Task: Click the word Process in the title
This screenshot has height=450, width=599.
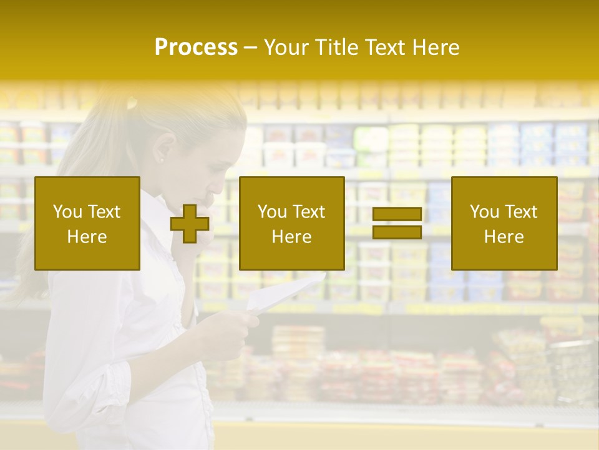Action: coord(196,47)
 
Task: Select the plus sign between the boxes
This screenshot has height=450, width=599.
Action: coord(190,224)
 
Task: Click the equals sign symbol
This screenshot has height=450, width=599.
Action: coord(397,223)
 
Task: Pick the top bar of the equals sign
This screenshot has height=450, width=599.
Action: coord(397,214)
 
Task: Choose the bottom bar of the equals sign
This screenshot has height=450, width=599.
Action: coord(397,232)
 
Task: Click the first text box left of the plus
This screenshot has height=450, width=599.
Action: coord(87,223)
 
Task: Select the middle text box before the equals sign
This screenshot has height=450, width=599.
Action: coord(291,223)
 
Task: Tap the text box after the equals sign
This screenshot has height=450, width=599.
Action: coord(504,223)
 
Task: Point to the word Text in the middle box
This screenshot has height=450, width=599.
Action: coord(308,212)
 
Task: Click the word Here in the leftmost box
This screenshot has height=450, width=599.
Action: coord(87,236)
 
